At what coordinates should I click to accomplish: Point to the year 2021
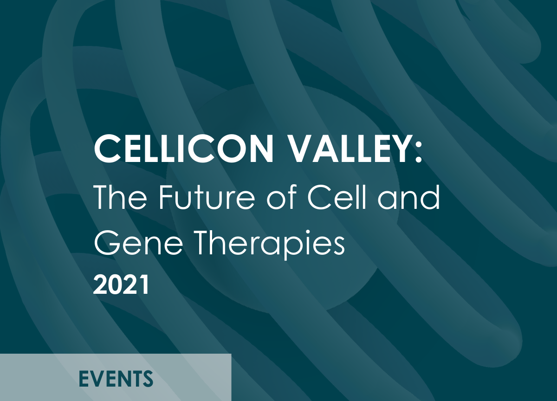pyautogui.click(x=122, y=285)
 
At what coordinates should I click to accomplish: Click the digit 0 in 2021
pyautogui.click(x=116, y=285)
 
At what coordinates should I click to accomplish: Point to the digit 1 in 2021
pyautogui.click(x=144, y=285)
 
